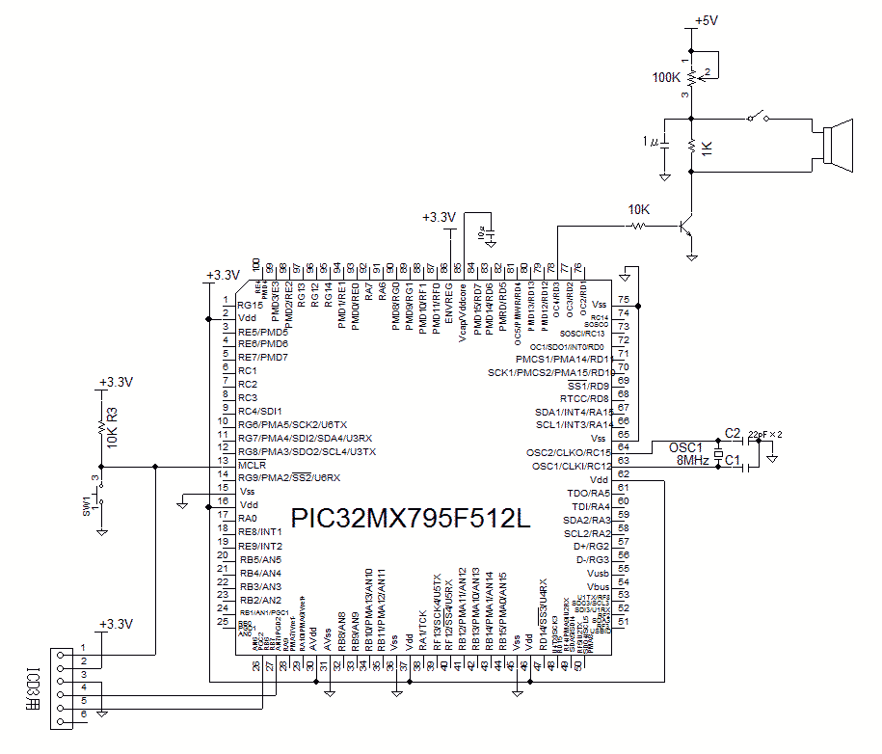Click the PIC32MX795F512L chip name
click(411, 519)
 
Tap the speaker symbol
click(837, 146)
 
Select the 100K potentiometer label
click(666, 77)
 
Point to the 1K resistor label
click(708, 148)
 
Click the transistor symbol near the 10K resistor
click(686, 228)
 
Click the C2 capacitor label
click(732, 433)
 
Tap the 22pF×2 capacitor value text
click(765, 434)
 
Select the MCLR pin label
click(253, 465)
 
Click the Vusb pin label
click(598, 573)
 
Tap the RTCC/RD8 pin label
click(585, 398)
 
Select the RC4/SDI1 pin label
click(260, 411)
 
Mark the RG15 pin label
click(248, 304)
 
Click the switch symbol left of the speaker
click(760, 118)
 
